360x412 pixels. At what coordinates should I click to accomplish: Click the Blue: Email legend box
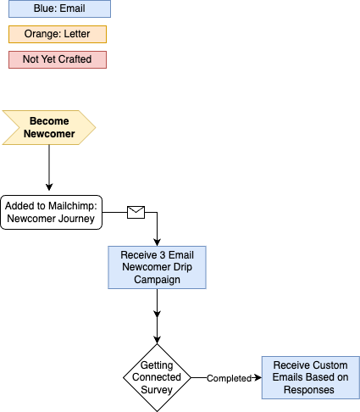(58, 9)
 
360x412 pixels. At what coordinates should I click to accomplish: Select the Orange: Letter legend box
(58, 35)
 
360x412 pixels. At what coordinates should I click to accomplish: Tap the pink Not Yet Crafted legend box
(58, 59)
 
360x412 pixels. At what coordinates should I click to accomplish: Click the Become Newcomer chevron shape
(49, 127)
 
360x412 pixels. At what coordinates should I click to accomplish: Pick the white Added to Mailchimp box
(51, 212)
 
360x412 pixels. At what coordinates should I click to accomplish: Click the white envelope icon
(136, 212)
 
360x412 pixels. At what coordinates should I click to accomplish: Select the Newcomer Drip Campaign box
(157, 267)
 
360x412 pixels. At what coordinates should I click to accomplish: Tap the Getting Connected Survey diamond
(157, 377)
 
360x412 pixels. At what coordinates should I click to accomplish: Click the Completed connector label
(230, 378)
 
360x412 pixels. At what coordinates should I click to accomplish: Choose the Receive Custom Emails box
(310, 377)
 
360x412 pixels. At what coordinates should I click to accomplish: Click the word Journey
(75, 219)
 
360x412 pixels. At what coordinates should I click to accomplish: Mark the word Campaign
(157, 280)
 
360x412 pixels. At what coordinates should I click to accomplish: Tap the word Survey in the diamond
(157, 390)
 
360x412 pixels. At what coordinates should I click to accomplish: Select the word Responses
(310, 390)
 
